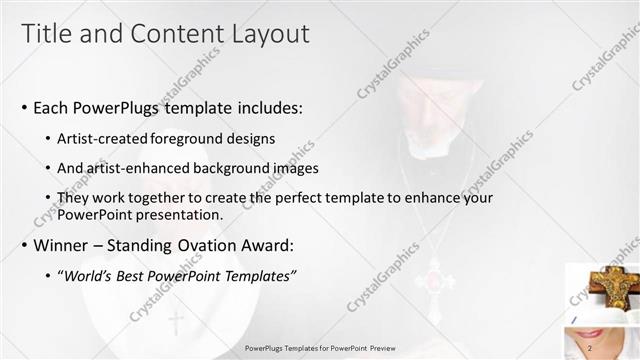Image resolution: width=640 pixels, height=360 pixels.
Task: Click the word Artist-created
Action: (x=101, y=137)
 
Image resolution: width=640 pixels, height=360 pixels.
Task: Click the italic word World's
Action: (x=90, y=275)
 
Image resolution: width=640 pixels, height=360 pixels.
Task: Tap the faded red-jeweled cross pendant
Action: (x=434, y=276)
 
